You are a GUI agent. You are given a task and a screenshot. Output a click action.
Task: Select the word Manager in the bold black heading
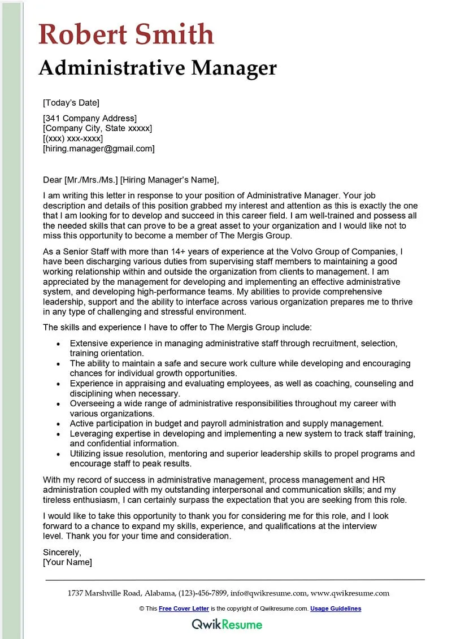coord(234,68)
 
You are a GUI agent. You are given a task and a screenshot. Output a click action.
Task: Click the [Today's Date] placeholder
coord(71,102)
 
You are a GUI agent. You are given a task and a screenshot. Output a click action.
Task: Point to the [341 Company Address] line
coord(90,118)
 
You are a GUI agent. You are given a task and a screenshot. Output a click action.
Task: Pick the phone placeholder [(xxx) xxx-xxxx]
coord(73,138)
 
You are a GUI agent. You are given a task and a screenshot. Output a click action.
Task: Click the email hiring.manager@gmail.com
coord(99,149)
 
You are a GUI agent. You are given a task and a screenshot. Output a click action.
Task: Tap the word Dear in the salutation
coord(53,180)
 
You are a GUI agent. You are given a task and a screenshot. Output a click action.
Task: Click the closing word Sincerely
coord(62,552)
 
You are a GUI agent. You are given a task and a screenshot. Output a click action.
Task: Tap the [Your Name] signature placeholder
coord(67,562)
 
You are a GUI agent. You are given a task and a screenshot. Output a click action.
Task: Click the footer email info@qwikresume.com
coord(268,593)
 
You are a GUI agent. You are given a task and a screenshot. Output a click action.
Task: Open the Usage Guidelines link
coord(336,608)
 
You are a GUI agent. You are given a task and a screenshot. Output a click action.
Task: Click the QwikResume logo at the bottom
coord(227,624)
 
